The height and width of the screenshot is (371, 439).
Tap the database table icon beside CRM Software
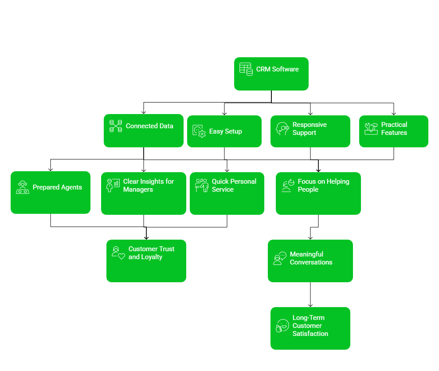click(x=246, y=69)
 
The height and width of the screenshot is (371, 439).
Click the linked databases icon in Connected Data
click(x=116, y=126)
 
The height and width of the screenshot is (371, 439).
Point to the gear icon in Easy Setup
click(x=201, y=133)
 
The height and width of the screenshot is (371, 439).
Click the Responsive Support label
click(x=310, y=129)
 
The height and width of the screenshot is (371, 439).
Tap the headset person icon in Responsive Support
click(x=282, y=129)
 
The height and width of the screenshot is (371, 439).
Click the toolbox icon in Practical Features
click(x=371, y=129)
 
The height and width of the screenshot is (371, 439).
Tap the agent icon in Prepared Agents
click(x=23, y=187)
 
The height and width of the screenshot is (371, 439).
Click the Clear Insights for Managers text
click(x=149, y=185)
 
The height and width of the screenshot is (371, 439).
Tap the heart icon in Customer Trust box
click(x=122, y=256)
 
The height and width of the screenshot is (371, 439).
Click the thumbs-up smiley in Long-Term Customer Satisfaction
click(x=282, y=326)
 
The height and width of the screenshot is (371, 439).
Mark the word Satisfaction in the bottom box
click(x=310, y=334)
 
